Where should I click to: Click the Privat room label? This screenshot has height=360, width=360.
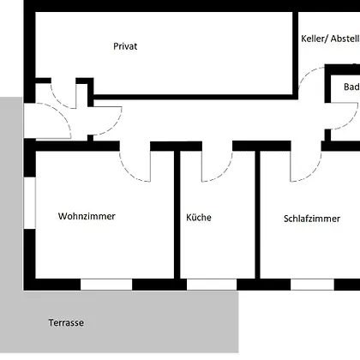point(125,46)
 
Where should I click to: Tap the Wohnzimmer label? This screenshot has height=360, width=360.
point(87,216)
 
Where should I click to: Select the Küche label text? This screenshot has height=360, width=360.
point(199,217)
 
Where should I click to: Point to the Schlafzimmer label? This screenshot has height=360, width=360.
point(312,219)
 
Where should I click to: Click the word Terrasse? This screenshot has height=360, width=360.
point(66,323)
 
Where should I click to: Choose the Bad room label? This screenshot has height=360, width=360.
point(351,87)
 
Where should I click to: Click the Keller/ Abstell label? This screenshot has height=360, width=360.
point(330,39)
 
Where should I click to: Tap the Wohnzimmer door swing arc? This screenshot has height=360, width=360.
point(129,174)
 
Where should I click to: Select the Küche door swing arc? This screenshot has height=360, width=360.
point(223,174)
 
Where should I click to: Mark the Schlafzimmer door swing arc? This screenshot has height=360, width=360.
point(311,174)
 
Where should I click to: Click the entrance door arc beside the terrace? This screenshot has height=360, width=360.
point(62,113)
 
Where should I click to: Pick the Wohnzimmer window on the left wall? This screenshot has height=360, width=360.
point(29,203)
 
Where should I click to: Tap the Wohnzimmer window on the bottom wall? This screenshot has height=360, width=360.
point(106,285)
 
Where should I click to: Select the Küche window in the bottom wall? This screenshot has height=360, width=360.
point(212,285)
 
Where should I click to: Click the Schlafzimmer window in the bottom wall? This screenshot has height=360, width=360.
point(312,285)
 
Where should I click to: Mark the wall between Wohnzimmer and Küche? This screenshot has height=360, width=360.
point(177,214)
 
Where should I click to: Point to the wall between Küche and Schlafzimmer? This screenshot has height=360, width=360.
point(257,214)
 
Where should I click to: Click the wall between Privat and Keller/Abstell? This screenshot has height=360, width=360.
point(296,54)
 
